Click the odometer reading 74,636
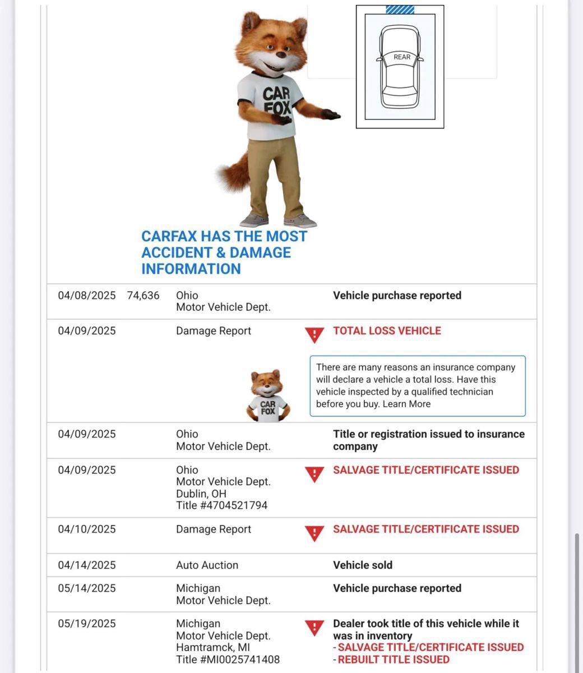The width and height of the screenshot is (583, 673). click(143, 296)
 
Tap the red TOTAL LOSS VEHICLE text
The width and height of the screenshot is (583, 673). click(387, 331)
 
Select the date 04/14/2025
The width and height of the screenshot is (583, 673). click(87, 565)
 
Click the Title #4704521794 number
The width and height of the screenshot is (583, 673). click(222, 505)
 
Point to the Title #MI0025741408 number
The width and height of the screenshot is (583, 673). click(228, 660)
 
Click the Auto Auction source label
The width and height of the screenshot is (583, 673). click(207, 565)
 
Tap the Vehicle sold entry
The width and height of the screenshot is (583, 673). click(363, 565)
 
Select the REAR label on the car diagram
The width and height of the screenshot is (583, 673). click(402, 57)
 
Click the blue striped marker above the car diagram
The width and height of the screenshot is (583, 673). click(400, 10)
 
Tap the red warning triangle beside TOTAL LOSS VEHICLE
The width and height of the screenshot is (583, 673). click(314, 335)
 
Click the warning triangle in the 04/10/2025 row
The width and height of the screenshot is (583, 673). click(314, 533)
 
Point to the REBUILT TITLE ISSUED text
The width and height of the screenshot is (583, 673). click(394, 660)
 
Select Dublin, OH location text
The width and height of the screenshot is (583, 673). click(201, 494)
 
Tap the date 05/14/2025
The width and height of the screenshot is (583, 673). click(87, 588)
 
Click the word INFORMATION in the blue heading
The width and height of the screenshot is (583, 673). click(191, 269)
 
